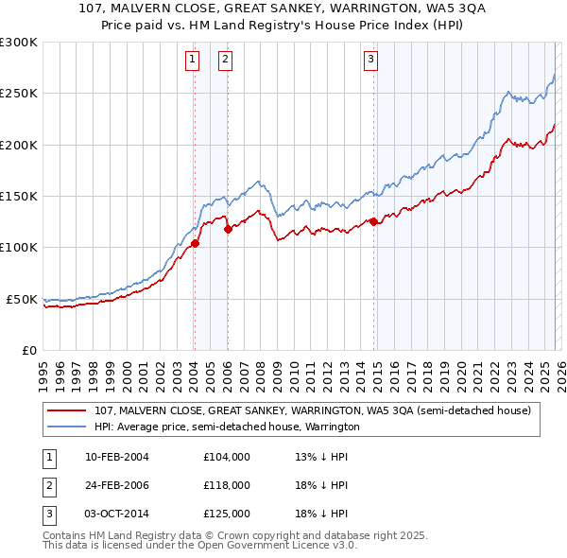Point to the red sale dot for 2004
(x=195, y=243)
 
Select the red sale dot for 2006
(x=228, y=228)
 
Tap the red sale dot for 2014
(x=373, y=221)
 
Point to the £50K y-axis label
(x=22, y=299)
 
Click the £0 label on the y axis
(x=29, y=350)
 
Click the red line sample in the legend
(x=66, y=410)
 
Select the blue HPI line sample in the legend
(x=66, y=427)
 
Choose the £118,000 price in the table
(x=226, y=485)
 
